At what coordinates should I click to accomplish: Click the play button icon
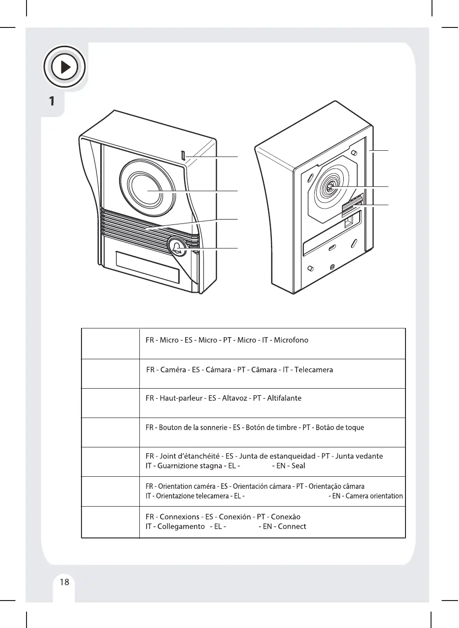65,67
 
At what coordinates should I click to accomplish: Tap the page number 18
64,582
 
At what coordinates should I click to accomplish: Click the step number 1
51,101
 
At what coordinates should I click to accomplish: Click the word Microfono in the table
291,340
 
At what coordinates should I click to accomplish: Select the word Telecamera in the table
313,370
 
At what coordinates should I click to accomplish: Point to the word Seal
298,466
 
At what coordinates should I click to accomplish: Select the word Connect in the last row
292,526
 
